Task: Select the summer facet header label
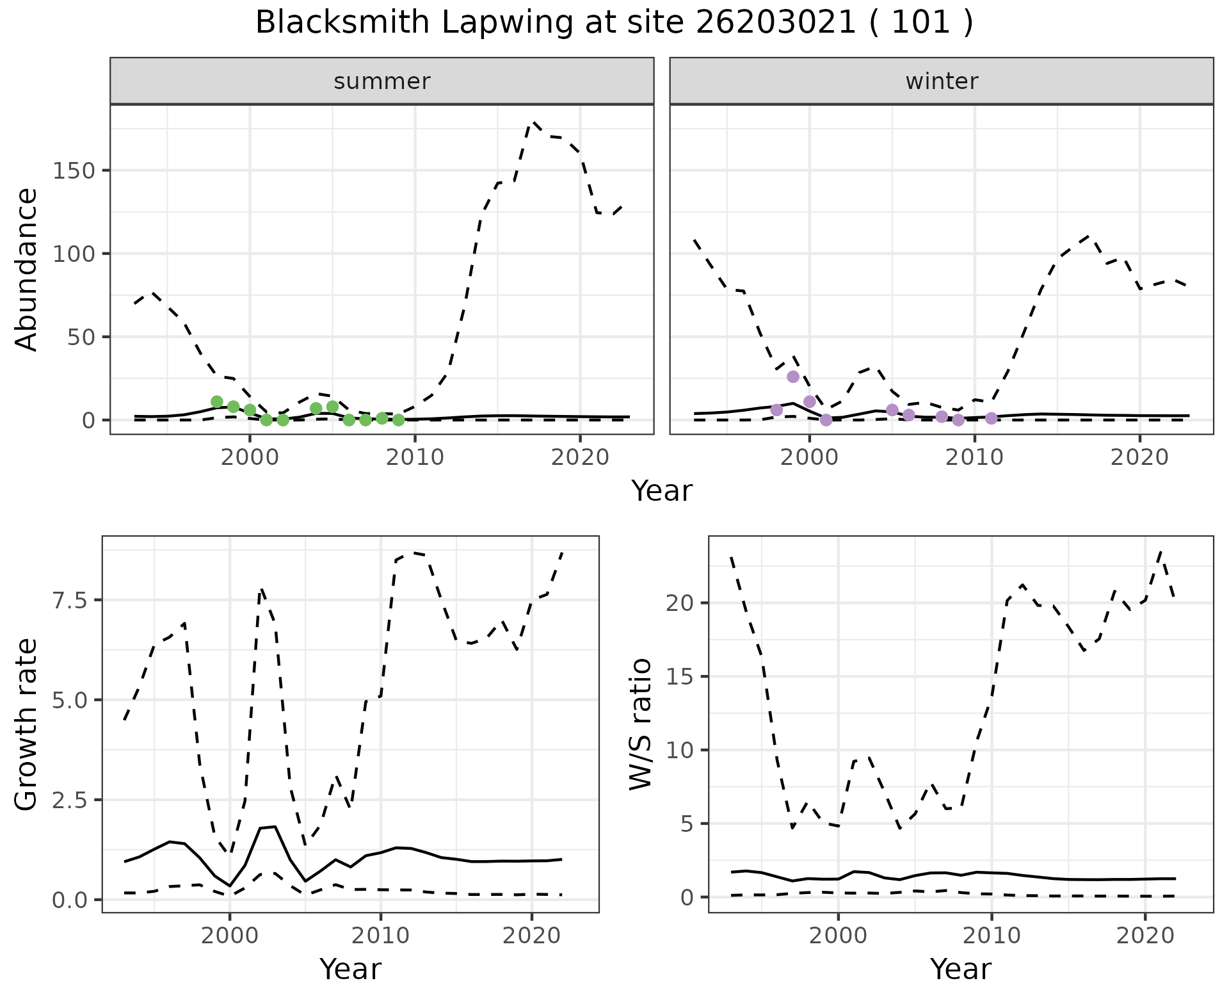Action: tap(382, 81)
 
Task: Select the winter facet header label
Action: tap(942, 81)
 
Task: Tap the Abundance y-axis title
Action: tap(27, 270)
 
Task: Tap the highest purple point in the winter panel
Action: tap(793, 377)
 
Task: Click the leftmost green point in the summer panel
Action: tap(217, 402)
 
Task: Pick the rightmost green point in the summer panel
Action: tap(398, 420)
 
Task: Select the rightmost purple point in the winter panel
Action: tap(991, 418)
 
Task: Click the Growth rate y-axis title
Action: tap(27, 725)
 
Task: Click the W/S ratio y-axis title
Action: tap(640, 724)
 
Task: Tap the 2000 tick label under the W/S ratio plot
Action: tap(838, 936)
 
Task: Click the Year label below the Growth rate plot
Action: tap(350, 970)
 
